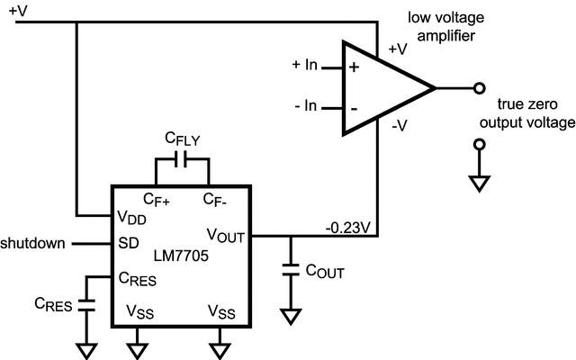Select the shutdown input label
click(33, 244)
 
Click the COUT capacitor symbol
click(291, 267)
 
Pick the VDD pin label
click(133, 217)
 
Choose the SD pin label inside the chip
click(128, 244)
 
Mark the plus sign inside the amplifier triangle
click(354, 67)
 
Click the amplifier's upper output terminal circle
click(481, 88)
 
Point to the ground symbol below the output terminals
click(481, 184)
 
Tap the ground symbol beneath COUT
click(291, 316)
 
